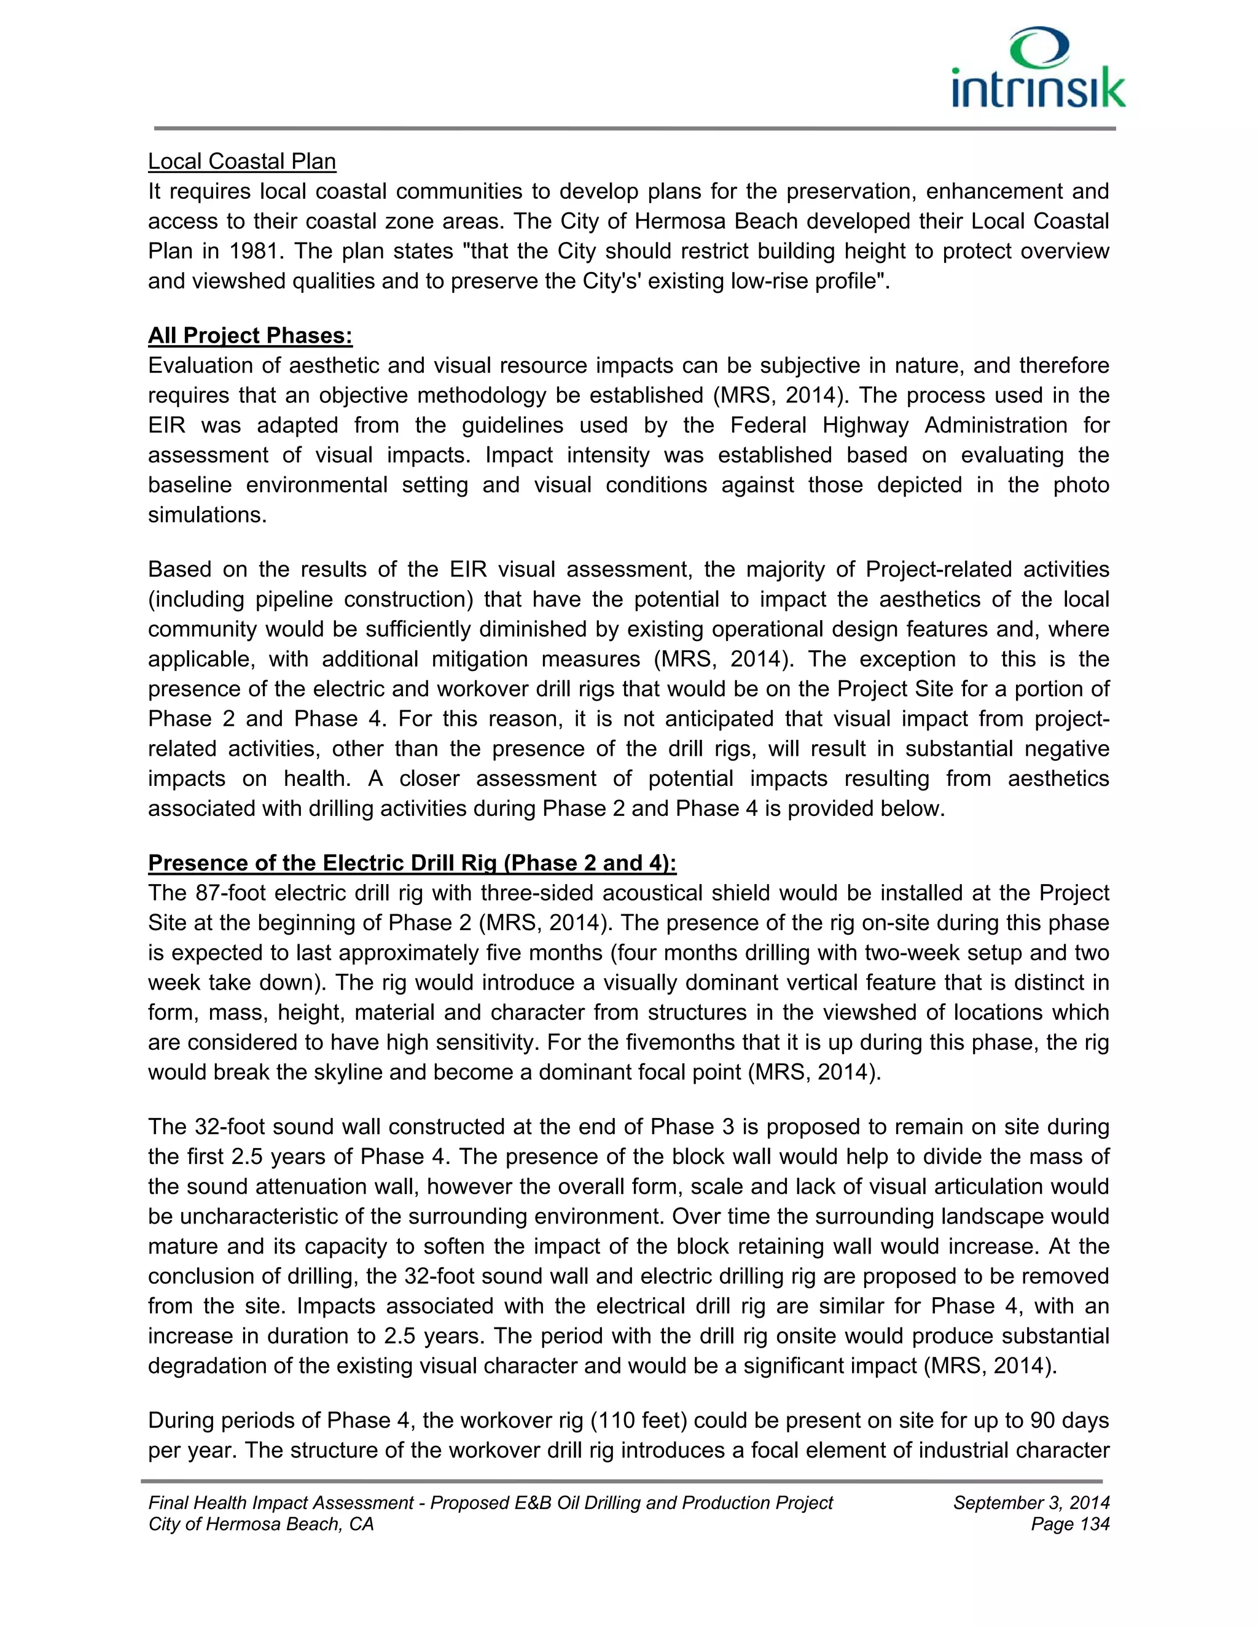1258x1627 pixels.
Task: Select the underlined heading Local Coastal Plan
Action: [x=242, y=161]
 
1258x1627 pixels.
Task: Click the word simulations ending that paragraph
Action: [x=207, y=515]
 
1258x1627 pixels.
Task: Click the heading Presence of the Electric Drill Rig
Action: [x=412, y=863]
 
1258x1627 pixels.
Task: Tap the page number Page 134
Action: [x=1070, y=1524]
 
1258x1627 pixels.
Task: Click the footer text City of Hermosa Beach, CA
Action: [x=261, y=1524]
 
